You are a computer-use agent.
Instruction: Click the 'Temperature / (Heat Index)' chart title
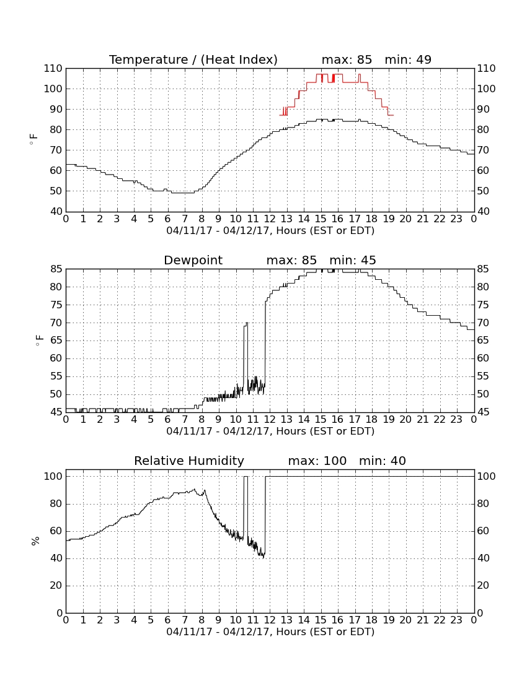pyautogui.click(x=193, y=59)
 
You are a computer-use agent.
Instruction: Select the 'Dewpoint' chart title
pyautogui.click(x=193, y=260)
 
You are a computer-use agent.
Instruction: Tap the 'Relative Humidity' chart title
pyautogui.click(x=189, y=461)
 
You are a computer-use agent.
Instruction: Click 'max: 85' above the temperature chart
pyautogui.click(x=347, y=59)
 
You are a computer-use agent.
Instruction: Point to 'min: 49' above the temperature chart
pyautogui.click(x=408, y=59)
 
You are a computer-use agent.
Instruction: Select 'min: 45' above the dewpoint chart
pyautogui.click(x=353, y=260)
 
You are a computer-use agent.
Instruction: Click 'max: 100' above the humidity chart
pyautogui.click(x=317, y=461)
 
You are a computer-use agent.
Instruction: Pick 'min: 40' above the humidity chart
pyautogui.click(x=382, y=461)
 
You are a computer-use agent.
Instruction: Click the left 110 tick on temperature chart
pyautogui.click(x=53, y=68)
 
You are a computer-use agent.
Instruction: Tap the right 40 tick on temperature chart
pyautogui.click(x=483, y=212)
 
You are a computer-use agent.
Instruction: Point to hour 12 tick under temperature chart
pyautogui.click(x=270, y=219)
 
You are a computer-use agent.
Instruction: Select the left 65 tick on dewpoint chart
pyautogui.click(x=56, y=340)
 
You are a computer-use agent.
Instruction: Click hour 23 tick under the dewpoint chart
pyautogui.click(x=456, y=420)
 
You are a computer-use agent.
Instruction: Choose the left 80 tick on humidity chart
pyautogui.click(x=56, y=504)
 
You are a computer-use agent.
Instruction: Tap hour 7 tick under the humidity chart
pyautogui.click(x=185, y=620)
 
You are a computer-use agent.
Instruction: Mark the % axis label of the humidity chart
pyautogui.click(x=36, y=541)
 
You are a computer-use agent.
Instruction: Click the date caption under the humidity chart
pyautogui.click(x=270, y=632)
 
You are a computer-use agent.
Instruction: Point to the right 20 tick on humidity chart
pyautogui.click(x=483, y=586)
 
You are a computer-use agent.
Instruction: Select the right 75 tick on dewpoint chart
pyautogui.click(x=483, y=305)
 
